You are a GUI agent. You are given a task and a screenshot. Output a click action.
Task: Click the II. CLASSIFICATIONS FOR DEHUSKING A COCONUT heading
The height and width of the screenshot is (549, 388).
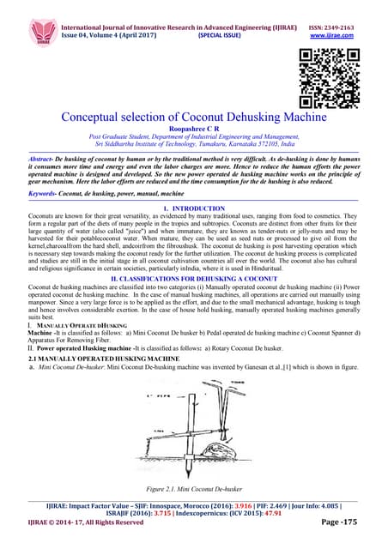(x=194, y=278)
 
